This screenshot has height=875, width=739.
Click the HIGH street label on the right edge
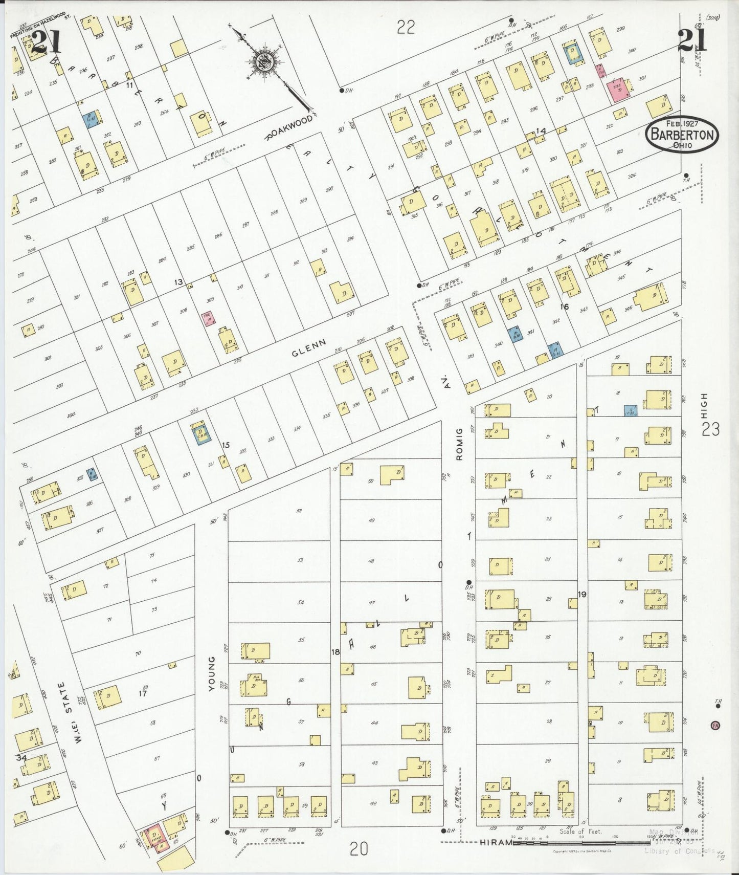[x=705, y=404]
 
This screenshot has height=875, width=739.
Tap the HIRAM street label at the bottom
[x=496, y=843]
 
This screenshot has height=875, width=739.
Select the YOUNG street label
[x=211, y=674]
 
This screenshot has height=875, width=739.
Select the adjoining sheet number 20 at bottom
[x=359, y=849]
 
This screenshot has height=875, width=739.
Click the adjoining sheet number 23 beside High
[x=710, y=429]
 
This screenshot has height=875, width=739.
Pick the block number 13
[x=178, y=282]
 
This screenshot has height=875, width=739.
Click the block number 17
[x=143, y=693]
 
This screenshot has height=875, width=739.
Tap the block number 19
[x=582, y=594]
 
